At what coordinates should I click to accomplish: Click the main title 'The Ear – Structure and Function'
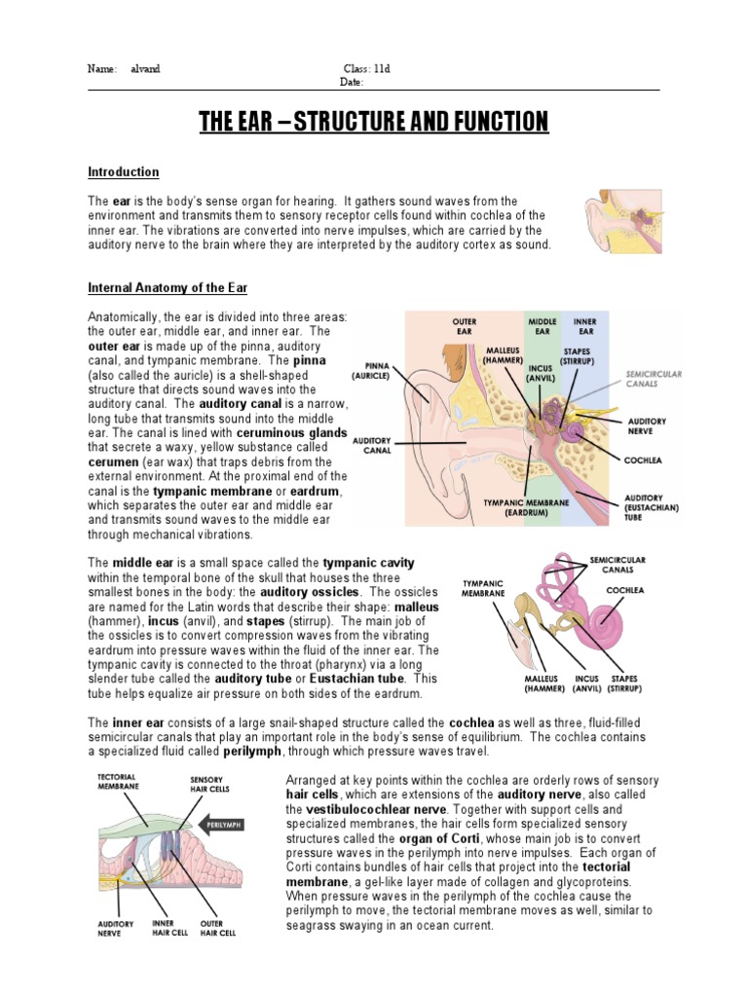(374, 122)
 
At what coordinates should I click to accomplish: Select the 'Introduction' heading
(124, 172)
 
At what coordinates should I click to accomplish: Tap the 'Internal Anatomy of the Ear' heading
(168, 288)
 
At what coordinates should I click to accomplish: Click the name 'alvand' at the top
(146, 69)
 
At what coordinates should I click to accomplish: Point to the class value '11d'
(381, 69)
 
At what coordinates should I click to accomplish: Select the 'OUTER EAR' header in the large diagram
(465, 326)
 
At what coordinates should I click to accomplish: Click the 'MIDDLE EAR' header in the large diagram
(542, 326)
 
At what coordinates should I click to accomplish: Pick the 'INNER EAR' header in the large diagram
(585, 326)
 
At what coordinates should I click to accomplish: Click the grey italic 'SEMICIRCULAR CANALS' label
(653, 378)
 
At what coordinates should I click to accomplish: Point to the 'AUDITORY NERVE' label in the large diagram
(648, 425)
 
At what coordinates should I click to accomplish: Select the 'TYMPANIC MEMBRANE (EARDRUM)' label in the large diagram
(527, 507)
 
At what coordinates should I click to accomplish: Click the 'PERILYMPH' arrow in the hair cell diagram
(222, 824)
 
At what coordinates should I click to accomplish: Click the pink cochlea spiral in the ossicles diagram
(615, 617)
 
